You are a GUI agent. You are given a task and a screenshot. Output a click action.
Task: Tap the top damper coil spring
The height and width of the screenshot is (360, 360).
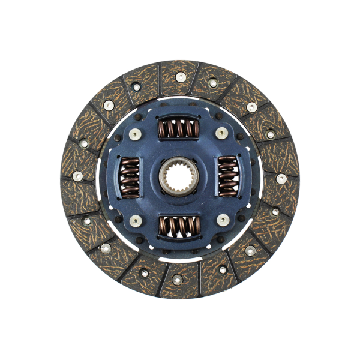point(178,129)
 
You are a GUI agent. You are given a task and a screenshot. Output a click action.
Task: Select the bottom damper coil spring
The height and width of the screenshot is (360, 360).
point(178,226)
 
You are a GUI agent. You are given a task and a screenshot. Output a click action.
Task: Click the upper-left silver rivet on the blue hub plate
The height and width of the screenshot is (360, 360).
point(135,134)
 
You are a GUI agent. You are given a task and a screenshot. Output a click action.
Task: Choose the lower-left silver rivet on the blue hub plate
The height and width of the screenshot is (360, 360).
point(134,220)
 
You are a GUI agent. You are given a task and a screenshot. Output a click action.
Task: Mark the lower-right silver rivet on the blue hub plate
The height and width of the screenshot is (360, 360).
point(223,220)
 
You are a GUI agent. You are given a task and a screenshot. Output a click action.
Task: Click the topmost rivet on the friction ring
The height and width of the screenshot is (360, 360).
point(181,76)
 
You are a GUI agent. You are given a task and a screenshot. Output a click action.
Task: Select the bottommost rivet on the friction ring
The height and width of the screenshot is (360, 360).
point(177,279)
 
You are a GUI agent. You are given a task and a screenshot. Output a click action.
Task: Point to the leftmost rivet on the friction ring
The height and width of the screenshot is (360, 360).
point(77,176)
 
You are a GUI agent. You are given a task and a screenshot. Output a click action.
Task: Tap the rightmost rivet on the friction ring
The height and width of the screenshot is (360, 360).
point(281,178)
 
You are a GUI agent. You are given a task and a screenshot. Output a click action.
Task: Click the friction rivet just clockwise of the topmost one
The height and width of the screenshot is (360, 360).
point(212,83)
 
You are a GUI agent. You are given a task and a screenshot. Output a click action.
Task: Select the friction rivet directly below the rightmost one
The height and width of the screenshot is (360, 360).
point(275,211)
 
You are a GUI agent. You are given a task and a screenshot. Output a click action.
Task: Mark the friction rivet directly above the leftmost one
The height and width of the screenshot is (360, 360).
point(83,144)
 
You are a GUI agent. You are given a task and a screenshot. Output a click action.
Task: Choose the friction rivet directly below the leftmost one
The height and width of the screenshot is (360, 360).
point(87,221)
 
